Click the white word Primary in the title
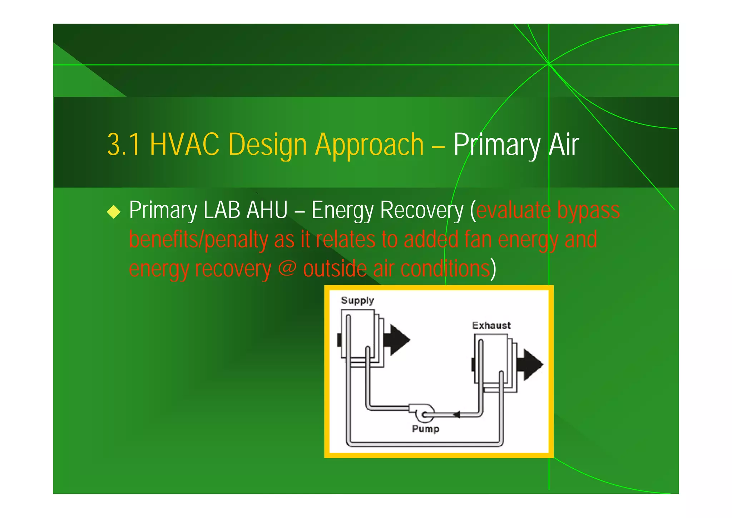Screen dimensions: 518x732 497,145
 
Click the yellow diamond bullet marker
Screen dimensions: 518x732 114,211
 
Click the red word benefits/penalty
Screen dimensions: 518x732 198,240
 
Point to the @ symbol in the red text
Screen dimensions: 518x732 287,268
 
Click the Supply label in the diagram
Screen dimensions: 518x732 357,300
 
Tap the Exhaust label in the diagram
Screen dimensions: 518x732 491,326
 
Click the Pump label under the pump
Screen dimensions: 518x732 425,429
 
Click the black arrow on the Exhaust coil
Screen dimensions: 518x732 532,365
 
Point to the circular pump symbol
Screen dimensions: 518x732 425,414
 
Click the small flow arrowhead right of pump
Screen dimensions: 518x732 456,415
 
